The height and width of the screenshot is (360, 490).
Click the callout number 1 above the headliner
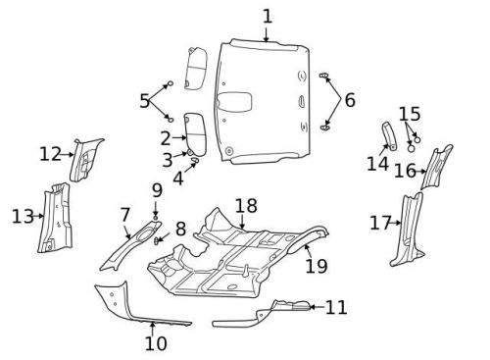point(268,17)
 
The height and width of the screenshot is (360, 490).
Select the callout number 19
point(317,266)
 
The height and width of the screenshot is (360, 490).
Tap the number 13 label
point(23,217)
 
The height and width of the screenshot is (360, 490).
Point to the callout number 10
point(156,343)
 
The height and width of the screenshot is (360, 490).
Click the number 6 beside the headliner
point(350,100)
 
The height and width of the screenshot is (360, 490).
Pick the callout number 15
point(410,114)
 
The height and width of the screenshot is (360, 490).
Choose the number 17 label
point(380,223)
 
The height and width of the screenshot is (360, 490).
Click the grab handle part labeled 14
point(390,136)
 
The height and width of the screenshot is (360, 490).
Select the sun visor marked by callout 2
point(195,133)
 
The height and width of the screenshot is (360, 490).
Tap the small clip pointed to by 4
point(195,160)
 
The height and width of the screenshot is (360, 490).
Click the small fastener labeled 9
point(156,217)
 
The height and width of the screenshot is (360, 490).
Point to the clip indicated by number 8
point(157,241)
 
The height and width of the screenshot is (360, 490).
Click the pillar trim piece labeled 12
point(85,159)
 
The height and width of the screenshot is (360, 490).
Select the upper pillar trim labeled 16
point(437,168)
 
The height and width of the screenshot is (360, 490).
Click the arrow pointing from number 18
point(242,222)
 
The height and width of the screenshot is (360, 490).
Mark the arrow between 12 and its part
point(68,154)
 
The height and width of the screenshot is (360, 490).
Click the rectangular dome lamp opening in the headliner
point(234,101)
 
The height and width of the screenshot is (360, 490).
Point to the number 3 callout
point(168,160)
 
